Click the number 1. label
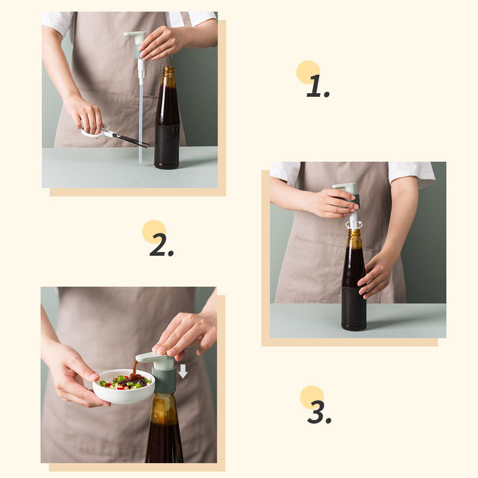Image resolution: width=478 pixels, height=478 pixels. tap(317, 87)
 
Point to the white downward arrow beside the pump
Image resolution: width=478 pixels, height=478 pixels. tap(183, 370)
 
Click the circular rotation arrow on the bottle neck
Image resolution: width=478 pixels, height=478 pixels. tap(354, 225)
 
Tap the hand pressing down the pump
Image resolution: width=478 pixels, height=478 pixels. tap(185, 332)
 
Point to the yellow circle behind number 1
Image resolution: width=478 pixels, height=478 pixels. tap(308, 72)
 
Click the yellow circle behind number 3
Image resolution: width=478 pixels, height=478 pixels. tap(311, 397)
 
